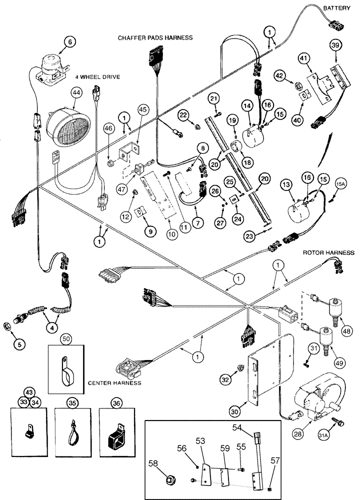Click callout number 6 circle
tap(56, 43)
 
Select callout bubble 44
tap(76, 92)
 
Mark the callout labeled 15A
tap(340, 188)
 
